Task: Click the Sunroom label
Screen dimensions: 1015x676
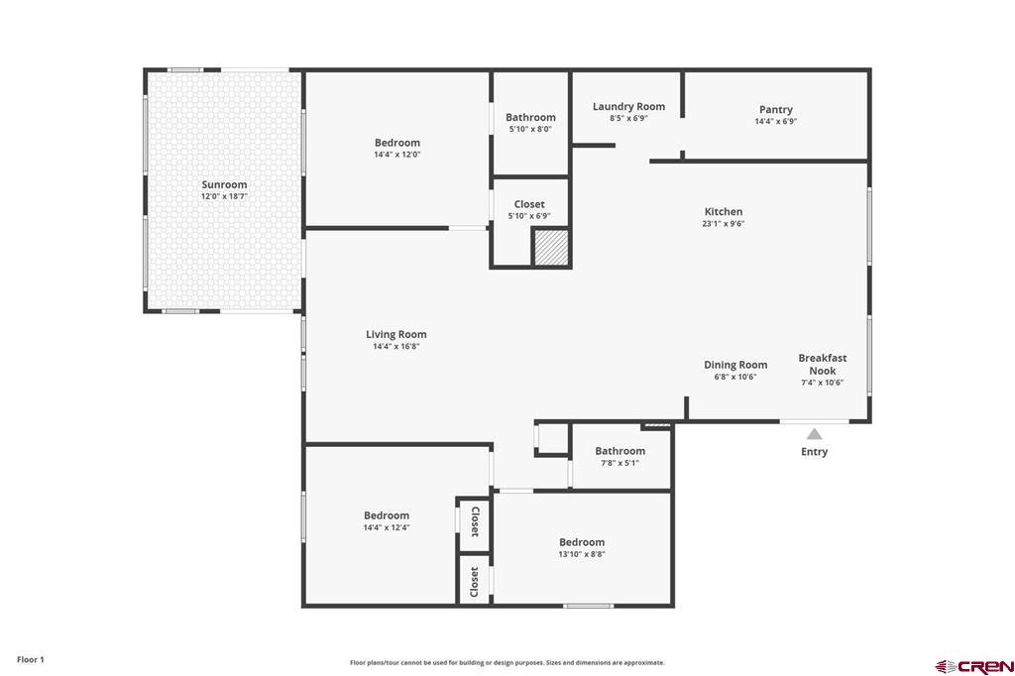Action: [224, 184]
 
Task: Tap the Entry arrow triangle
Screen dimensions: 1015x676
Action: [815, 434]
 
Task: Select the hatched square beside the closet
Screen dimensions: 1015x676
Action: [551, 248]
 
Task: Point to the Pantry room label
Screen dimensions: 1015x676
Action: [775, 109]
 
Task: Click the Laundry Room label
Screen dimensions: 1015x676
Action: [628, 107]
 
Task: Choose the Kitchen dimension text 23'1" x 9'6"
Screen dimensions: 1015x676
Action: [723, 224]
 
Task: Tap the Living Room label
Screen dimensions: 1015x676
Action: [396, 335]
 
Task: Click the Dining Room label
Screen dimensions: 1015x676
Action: [735, 365]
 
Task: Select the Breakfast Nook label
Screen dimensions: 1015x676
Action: [822, 365]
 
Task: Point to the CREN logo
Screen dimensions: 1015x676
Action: [974, 666]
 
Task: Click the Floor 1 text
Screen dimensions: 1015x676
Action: [31, 660]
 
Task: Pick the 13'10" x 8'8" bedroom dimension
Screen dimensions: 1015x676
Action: [582, 554]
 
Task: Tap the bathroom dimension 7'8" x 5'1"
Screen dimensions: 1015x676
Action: [620, 463]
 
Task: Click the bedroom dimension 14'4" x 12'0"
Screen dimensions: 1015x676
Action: [396, 155]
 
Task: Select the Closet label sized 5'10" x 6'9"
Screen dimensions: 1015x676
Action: [529, 204]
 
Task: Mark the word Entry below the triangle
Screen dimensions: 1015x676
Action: [815, 452]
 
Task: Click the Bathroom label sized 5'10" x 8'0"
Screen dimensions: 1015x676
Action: [530, 117]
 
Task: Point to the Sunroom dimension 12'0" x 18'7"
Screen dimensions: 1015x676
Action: [224, 196]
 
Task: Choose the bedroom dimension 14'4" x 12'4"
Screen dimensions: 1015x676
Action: [387, 527]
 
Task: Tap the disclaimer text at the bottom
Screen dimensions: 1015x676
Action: [507, 663]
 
